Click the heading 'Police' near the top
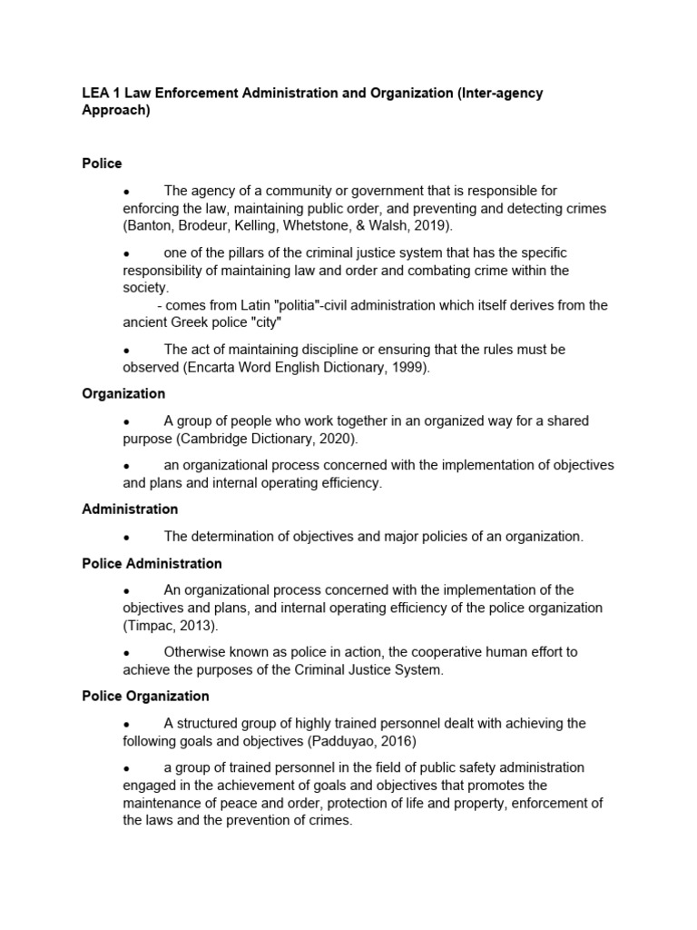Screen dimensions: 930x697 click(102, 163)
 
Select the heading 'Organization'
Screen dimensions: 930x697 click(123, 394)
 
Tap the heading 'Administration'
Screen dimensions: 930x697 click(130, 510)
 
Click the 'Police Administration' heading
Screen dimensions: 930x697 click(152, 564)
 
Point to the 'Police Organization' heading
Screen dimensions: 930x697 click(145, 697)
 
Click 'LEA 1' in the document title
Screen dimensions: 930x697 click(100, 94)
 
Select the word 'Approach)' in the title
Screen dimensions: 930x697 click(115, 111)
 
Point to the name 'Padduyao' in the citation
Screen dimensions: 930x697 click(339, 741)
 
